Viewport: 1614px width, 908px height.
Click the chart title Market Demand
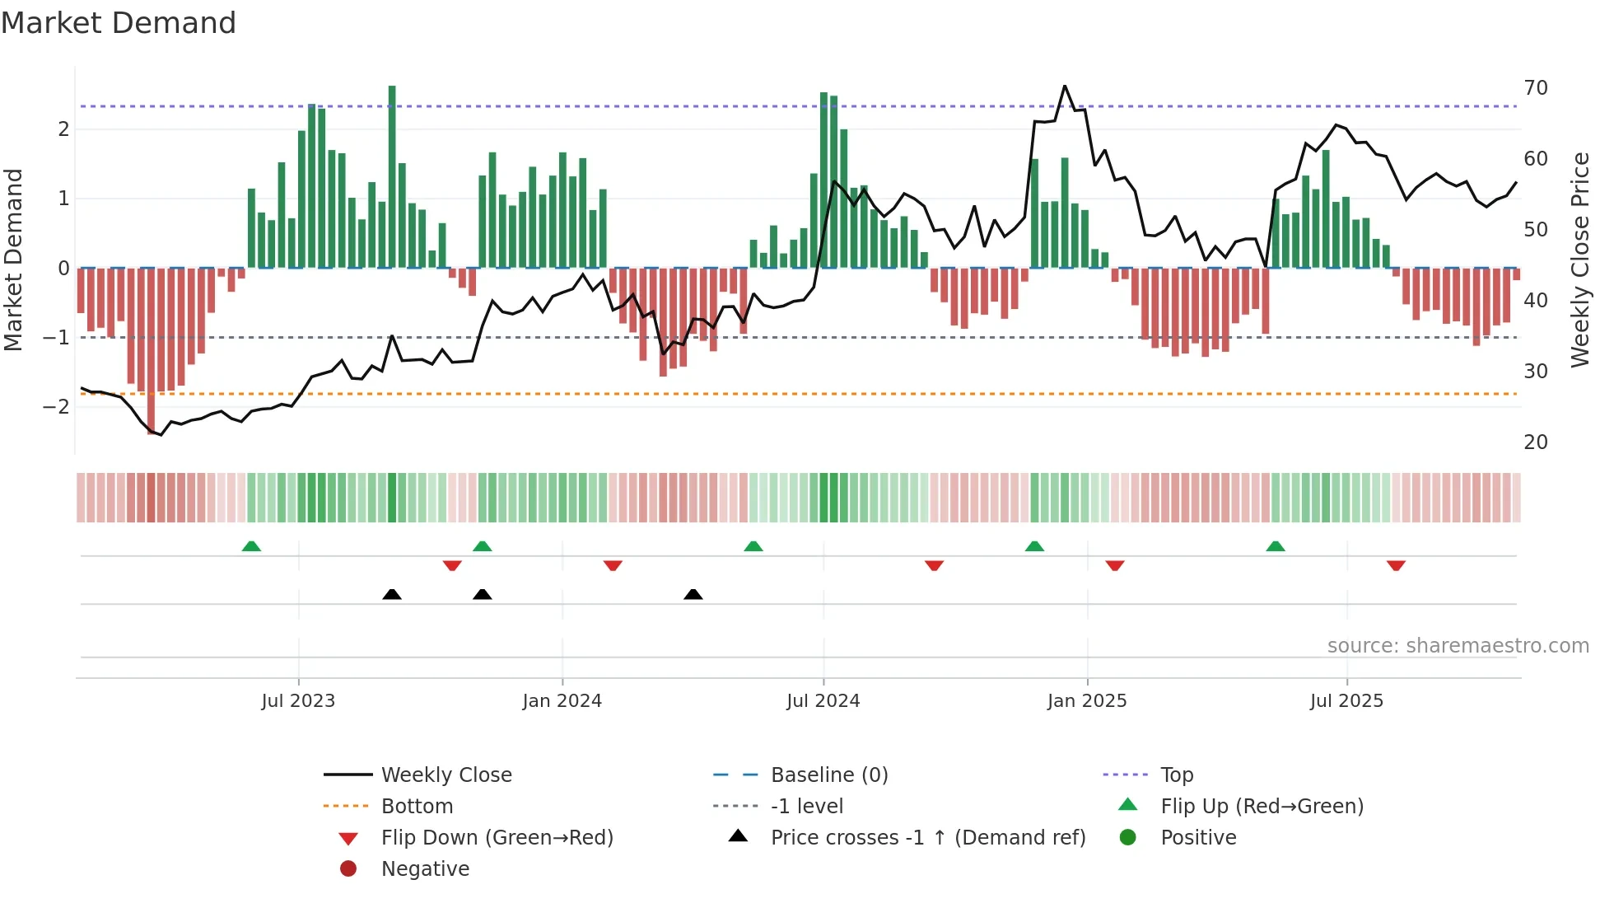point(119,23)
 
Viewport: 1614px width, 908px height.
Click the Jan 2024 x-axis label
point(562,701)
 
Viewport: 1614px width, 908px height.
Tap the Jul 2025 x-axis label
point(1346,701)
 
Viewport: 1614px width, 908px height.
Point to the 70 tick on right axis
point(1536,88)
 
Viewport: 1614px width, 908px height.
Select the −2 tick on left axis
point(57,406)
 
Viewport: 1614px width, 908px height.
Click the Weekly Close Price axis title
point(1579,260)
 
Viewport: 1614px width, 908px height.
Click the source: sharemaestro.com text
point(1458,646)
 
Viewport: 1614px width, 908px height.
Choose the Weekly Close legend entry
point(445,775)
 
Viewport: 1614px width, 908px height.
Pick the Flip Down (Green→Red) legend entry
point(497,838)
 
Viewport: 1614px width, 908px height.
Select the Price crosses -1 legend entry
point(927,838)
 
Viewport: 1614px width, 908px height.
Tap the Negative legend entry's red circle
point(348,869)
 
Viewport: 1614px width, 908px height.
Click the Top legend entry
point(1176,775)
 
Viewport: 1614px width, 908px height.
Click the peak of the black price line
point(1065,87)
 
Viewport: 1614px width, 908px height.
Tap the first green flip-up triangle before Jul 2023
point(251,546)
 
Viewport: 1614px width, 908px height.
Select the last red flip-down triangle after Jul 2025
point(1396,565)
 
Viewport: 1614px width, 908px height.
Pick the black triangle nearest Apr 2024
point(693,594)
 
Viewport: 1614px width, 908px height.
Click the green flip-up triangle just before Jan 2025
point(1034,546)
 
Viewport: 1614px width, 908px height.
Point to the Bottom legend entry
point(417,807)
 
